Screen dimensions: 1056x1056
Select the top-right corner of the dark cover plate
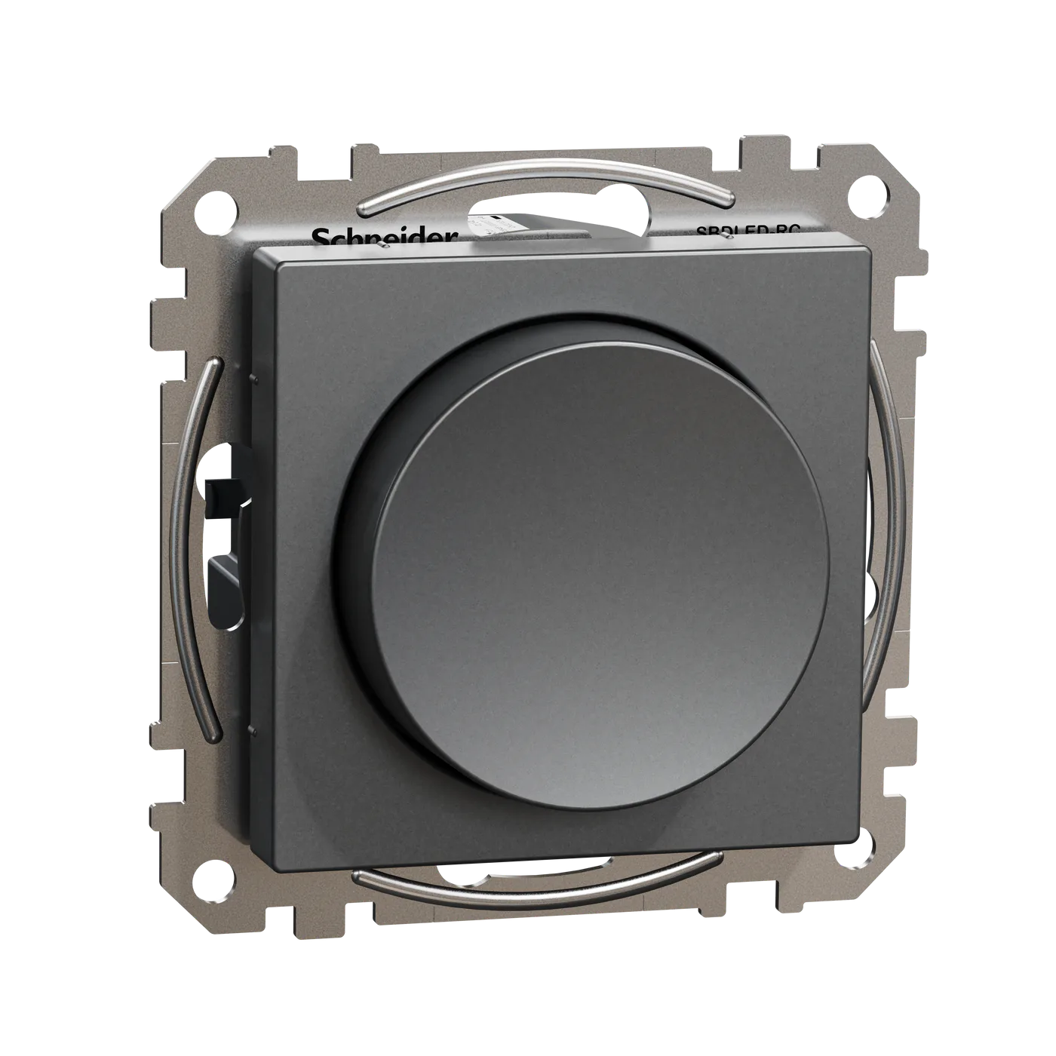(x=870, y=249)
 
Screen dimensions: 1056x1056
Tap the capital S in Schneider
(x=320, y=238)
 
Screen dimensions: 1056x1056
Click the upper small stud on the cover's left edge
(x=251, y=375)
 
